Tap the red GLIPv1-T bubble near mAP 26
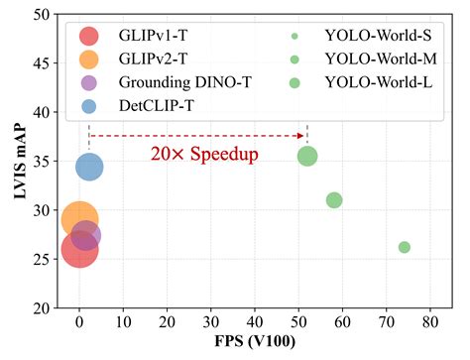pyautogui.click(x=79, y=249)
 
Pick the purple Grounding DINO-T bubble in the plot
pyautogui.click(x=86, y=235)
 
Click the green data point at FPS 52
pyautogui.click(x=307, y=156)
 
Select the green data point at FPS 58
pyautogui.click(x=334, y=200)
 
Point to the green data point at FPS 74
pyautogui.click(x=404, y=247)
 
